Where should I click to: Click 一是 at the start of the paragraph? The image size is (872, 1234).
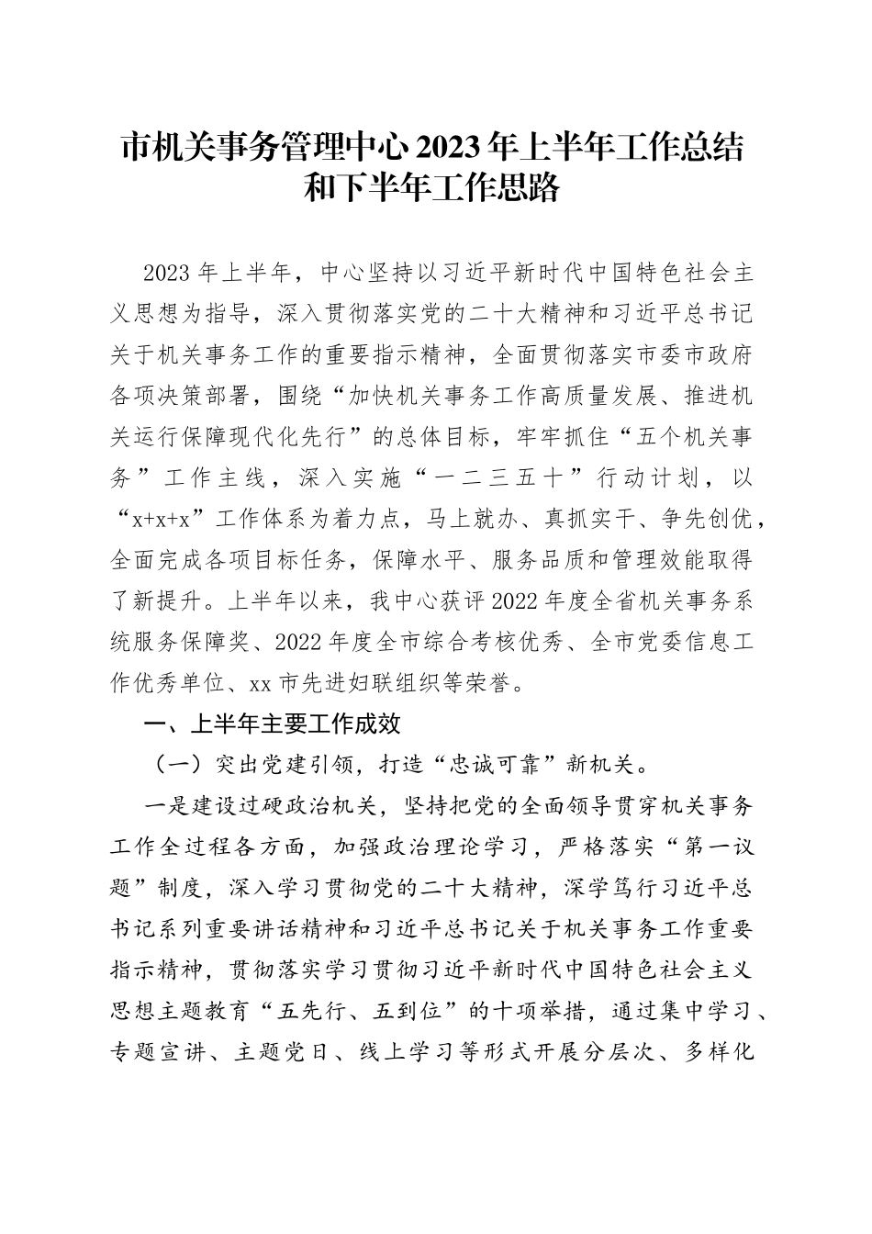166,806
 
